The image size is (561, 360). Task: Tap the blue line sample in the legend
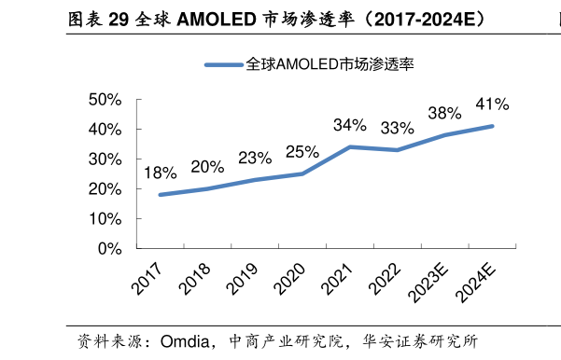point(223,65)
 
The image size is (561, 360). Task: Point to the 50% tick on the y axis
point(105,100)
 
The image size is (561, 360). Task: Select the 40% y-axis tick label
point(105,130)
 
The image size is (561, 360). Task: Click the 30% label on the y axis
point(105,159)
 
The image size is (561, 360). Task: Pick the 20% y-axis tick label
point(105,189)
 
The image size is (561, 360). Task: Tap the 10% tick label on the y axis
point(105,219)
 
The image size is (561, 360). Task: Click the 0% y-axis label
point(110,249)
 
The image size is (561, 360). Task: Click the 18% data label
point(160,173)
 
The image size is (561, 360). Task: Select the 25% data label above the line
point(302,151)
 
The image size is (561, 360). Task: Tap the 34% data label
point(349,125)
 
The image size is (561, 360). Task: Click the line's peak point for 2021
point(349,146)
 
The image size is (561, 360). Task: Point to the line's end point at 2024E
point(492,126)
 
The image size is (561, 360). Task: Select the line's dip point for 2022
point(397,150)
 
